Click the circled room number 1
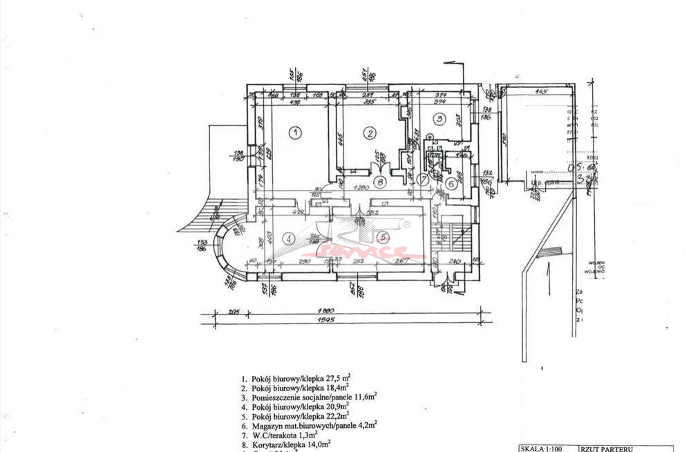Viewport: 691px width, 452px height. click(x=294, y=131)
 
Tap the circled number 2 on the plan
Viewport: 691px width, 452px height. click(x=370, y=133)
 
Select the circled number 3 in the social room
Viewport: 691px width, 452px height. click(x=438, y=118)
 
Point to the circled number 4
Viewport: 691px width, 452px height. click(x=290, y=238)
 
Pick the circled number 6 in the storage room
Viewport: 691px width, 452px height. click(x=451, y=183)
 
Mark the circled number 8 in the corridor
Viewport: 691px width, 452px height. click(x=379, y=182)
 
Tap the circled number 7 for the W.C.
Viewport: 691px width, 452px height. click(x=423, y=179)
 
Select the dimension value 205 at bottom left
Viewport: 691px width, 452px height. click(x=215, y=311)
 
